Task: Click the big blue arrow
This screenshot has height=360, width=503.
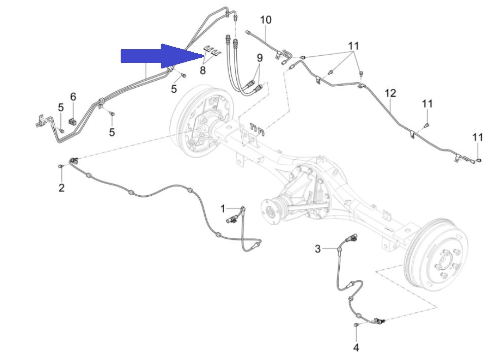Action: tap(162, 56)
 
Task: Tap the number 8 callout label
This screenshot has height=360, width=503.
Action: tap(203, 70)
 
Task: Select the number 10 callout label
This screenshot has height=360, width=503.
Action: tap(266, 20)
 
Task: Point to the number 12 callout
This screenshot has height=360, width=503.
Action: tap(390, 93)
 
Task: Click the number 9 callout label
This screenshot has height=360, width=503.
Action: tap(260, 58)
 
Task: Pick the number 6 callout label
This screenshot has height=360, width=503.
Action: tap(73, 96)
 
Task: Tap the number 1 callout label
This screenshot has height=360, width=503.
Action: tap(223, 209)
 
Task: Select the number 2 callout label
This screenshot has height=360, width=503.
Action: tap(61, 188)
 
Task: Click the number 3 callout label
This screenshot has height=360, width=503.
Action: tap(317, 248)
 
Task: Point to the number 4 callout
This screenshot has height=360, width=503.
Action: tap(356, 347)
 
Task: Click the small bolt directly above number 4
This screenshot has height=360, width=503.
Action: tap(356, 326)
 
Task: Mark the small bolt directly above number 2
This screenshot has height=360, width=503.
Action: tap(60, 166)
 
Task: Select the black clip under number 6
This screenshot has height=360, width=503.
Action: tap(73, 122)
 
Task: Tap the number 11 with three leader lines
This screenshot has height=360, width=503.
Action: tap(353, 46)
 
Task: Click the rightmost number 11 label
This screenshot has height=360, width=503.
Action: tap(478, 137)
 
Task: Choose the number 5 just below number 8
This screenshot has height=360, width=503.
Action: tap(174, 89)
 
